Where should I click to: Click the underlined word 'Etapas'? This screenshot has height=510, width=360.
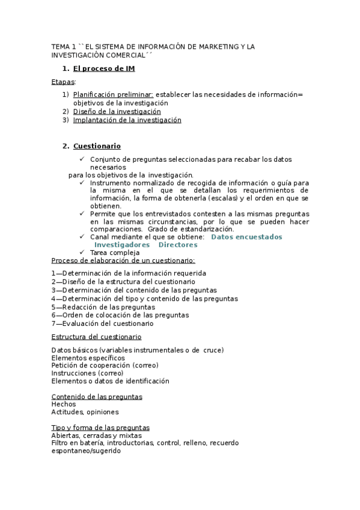pos(63,81)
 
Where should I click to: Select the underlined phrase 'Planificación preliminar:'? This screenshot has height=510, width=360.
pos(113,94)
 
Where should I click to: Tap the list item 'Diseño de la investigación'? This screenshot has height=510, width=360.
pos(117,111)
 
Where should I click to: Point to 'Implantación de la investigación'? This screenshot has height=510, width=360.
pos(127,120)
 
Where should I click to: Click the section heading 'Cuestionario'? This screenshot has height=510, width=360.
pos(97,146)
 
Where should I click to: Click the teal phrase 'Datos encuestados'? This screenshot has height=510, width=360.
pos(247,237)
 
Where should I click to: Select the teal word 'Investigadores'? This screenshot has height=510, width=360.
pos(122,245)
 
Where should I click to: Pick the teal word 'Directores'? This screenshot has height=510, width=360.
pos(178,245)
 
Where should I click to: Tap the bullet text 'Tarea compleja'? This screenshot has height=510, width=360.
pos(115,253)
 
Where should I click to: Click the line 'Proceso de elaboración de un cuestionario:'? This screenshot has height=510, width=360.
pos(123,260)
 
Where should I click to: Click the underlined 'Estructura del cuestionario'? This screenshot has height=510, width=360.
pos(96,337)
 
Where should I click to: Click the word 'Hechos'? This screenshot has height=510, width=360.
pos(64,405)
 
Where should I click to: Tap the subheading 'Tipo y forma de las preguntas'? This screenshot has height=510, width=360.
pos(100,428)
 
